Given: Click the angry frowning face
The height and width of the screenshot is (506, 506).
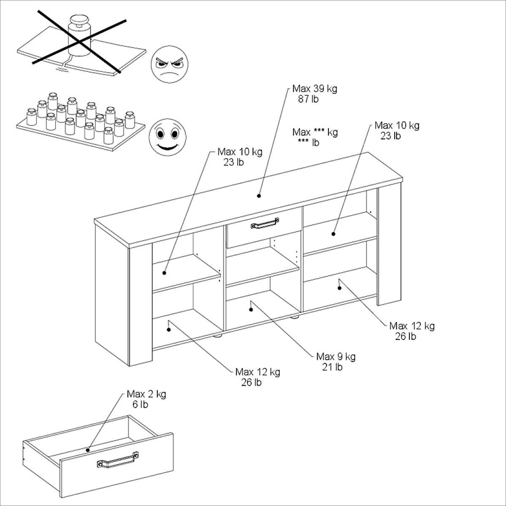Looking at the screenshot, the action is (170, 65).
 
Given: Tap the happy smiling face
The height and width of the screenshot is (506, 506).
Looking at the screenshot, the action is (167, 137).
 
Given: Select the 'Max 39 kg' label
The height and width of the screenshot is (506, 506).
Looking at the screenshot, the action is (315, 89).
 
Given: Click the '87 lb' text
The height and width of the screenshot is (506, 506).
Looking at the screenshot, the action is (308, 99).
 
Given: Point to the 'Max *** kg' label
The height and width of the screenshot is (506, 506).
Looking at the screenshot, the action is (315, 132).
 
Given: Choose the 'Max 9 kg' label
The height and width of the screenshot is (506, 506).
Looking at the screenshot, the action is (336, 357).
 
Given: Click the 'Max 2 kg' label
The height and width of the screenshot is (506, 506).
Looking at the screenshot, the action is (146, 394).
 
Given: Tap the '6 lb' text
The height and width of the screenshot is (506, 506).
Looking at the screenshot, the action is (140, 404).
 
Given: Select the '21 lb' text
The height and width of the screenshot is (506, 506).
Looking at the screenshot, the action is (332, 367).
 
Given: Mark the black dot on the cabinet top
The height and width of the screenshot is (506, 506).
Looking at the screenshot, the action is (258, 196).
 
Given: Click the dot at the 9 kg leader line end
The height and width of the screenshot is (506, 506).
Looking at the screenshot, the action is (251, 310).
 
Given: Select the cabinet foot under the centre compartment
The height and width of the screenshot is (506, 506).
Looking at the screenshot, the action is (295, 317).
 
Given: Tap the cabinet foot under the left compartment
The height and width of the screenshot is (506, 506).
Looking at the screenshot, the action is (218, 336).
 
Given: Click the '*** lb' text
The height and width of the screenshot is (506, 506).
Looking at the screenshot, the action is (309, 143).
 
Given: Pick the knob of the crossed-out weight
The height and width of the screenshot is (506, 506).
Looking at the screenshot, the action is (79, 20).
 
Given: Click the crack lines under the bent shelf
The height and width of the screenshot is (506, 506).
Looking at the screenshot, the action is (62, 69).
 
